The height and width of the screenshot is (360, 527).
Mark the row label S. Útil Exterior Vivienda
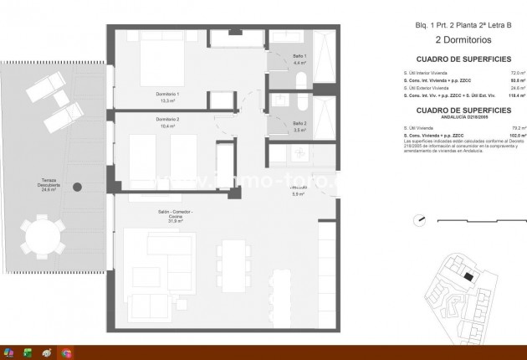point(427,88)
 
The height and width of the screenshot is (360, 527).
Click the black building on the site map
point(468,278)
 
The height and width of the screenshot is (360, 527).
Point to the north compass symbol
point(421,221)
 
